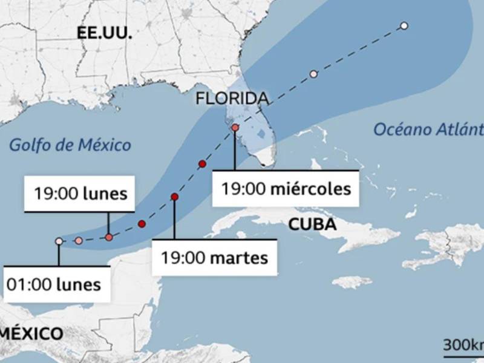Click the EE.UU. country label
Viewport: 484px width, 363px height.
click(104, 34)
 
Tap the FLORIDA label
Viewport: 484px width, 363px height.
click(232, 99)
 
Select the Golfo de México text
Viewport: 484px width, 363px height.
click(70, 145)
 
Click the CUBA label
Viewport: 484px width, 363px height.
click(312, 224)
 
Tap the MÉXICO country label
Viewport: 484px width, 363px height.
click(31, 333)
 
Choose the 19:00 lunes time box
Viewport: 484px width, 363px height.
click(80, 195)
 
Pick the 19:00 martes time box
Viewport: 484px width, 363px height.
click(214, 258)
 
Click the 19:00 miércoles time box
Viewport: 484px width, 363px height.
click(286, 189)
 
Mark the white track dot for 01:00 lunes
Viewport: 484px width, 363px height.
click(59, 241)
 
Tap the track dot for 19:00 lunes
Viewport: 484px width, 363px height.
click(109, 237)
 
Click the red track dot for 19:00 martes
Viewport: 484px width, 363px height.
click(175, 197)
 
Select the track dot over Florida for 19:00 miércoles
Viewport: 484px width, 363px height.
click(235, 128)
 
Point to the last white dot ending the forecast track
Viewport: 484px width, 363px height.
click(404, 25)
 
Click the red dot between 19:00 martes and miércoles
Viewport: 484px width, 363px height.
click(202, 164)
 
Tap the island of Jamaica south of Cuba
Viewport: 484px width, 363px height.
click(352, 282)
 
